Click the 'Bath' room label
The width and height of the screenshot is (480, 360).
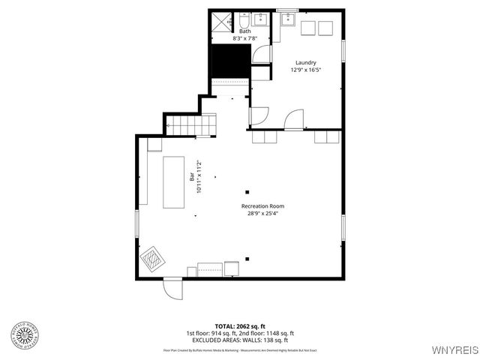[245, 31]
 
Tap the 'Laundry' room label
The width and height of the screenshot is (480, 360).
[304, 62]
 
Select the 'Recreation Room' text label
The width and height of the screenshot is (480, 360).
[262, 205]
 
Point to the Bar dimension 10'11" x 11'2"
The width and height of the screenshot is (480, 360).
[199, 178]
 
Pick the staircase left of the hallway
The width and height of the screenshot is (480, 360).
[184, 124]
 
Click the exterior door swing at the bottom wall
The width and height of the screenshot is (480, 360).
[173, 288]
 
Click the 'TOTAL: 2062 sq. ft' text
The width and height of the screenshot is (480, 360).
[240, 326]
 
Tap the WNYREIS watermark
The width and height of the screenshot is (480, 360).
[454, 350]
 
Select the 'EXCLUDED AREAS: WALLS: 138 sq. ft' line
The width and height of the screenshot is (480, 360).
[240, 340]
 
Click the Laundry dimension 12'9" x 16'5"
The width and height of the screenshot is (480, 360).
[304, 70]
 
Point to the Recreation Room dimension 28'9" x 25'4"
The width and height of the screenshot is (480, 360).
[262, 213]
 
